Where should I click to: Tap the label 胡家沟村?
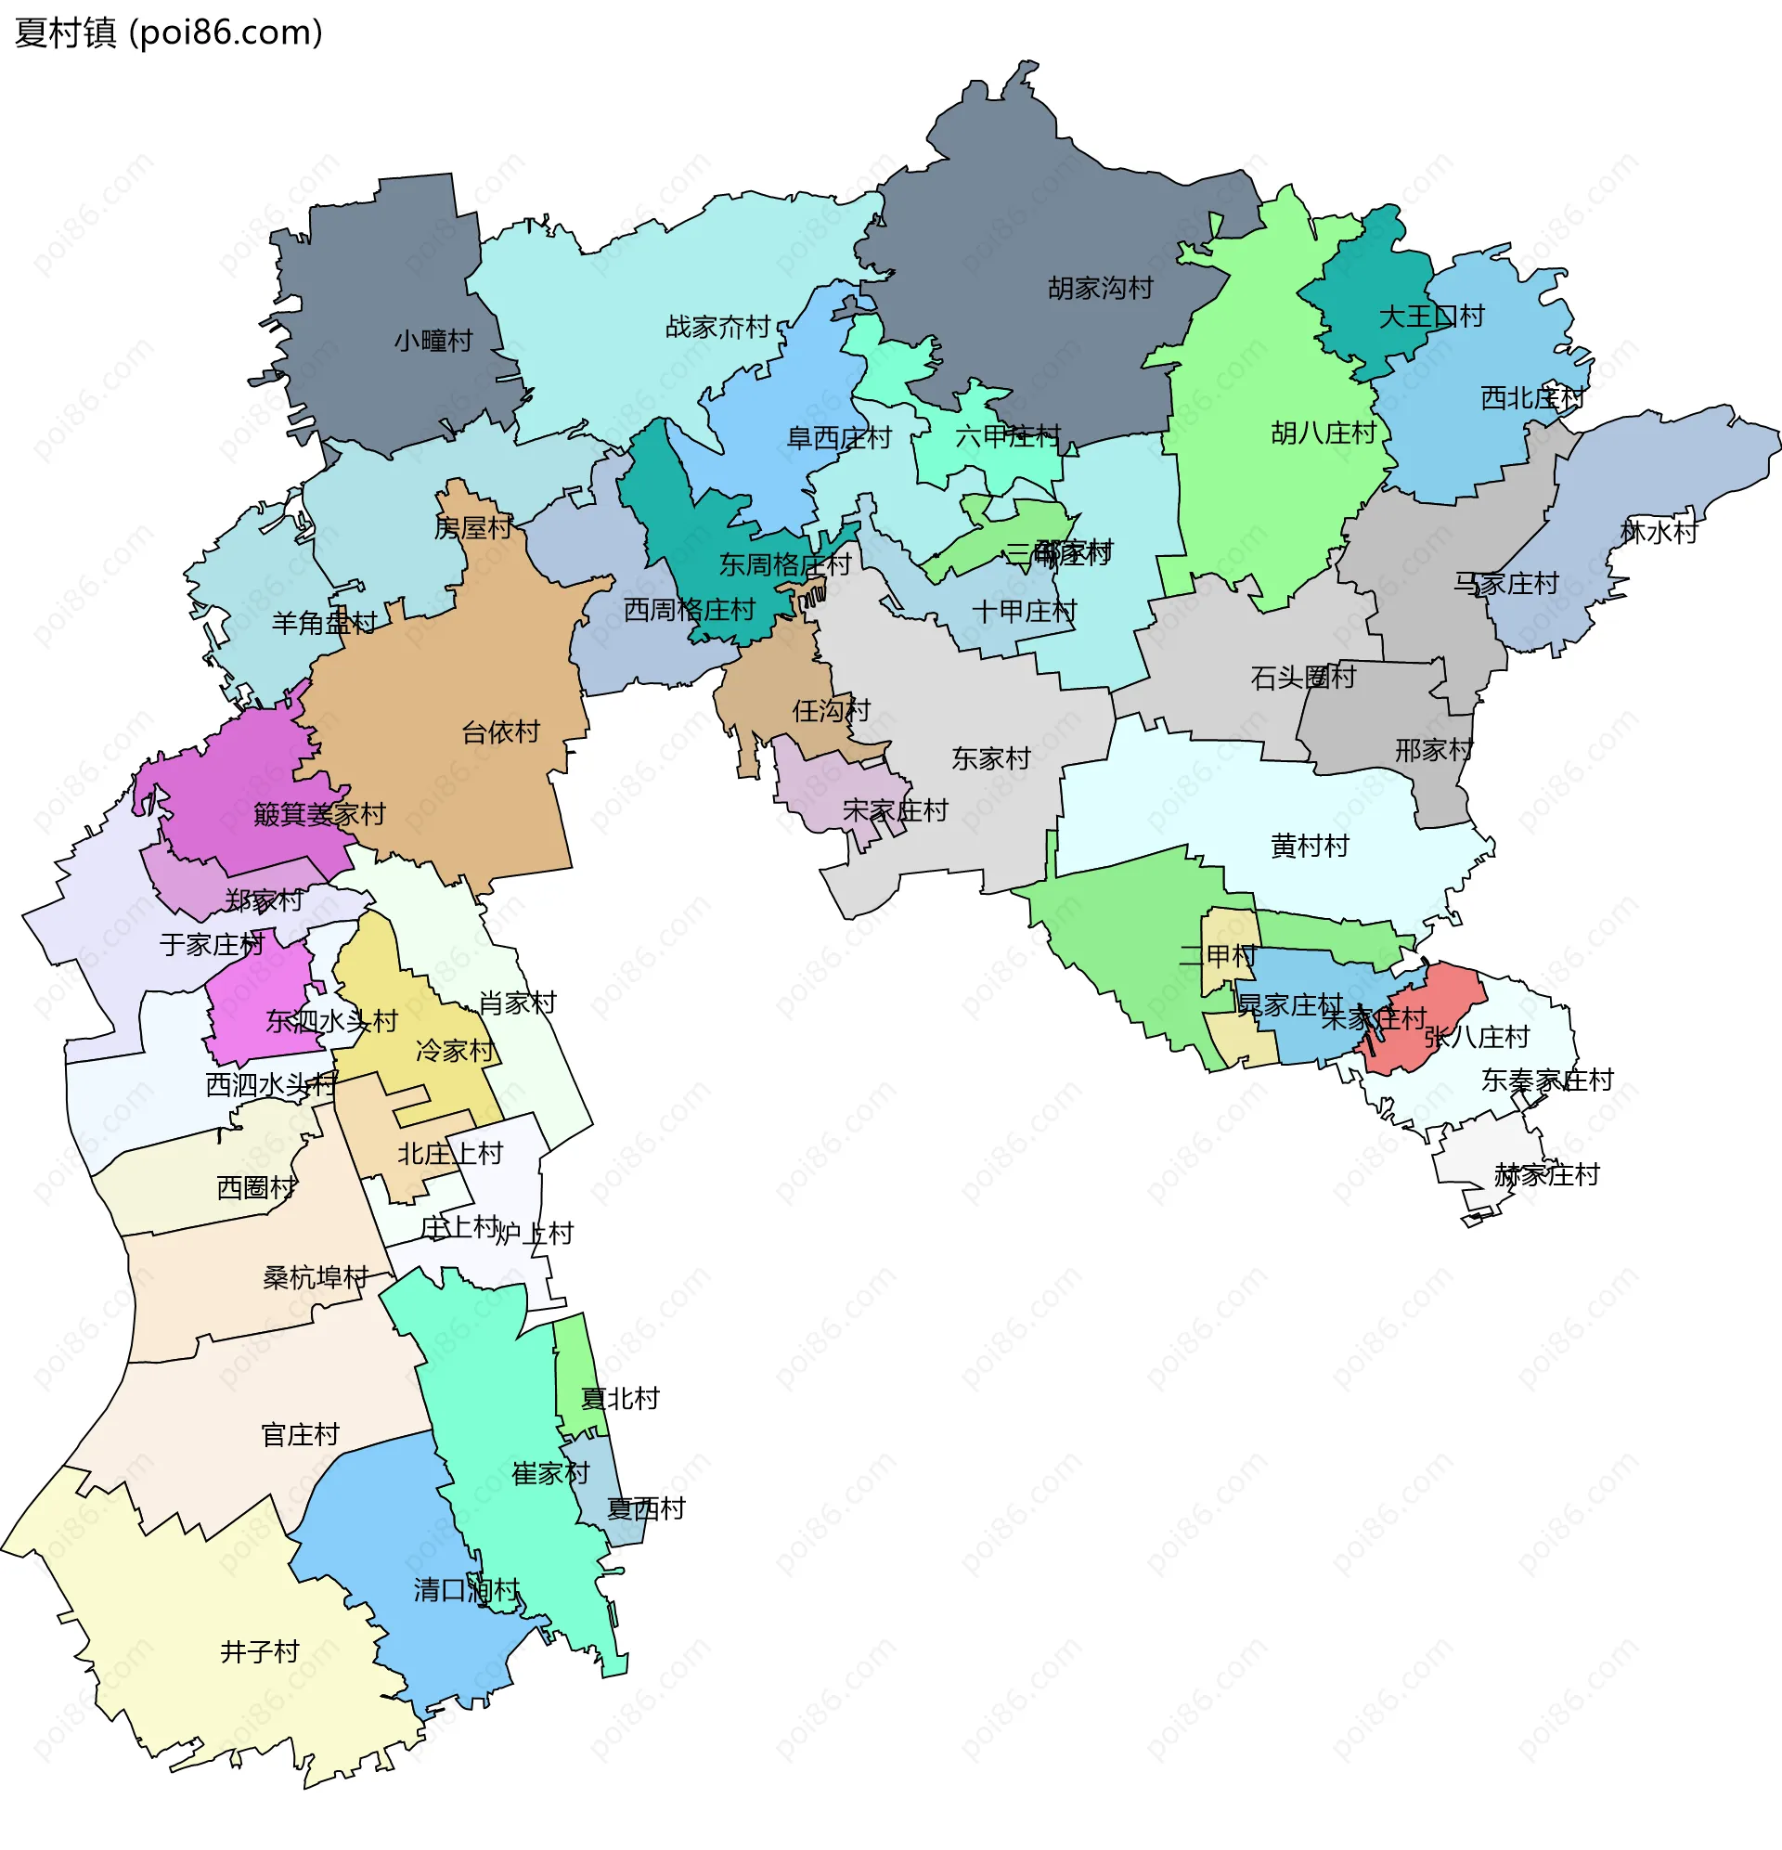click(1100, 288)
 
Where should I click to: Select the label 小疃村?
click(433, 341)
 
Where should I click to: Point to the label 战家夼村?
click(717, 328)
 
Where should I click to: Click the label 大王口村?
click(1431, 317)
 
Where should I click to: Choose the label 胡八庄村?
click(1324, 433)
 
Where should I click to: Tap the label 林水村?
click(1659, 532)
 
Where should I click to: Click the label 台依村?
click(500, 731)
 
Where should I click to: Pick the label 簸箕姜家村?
click(320, 814)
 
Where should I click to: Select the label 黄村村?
click(1310, 846)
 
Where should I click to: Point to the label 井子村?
click(260, 1651)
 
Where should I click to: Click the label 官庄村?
click(300, 1435)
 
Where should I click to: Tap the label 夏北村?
click(619, 1399)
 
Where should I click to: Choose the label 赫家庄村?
click(1546, 1175)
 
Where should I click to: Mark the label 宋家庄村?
click(894, 809)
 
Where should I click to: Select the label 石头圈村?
click(1302, 677)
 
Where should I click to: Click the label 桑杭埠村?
click(316, 1277)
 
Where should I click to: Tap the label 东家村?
click(990, 758)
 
